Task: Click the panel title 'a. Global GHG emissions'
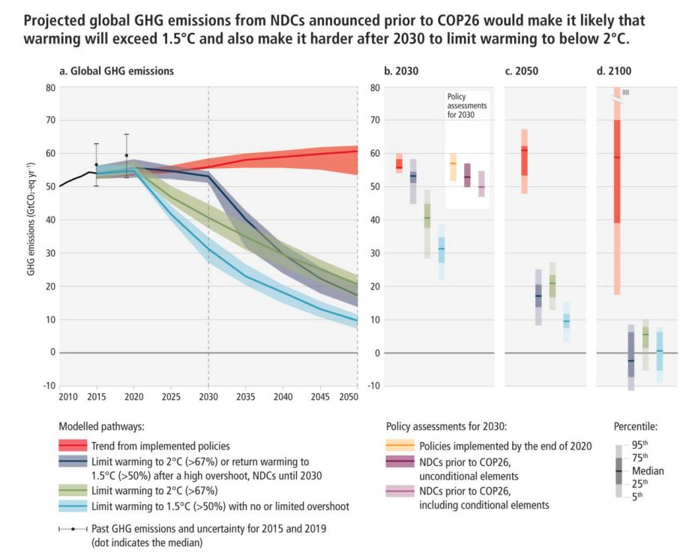click(116, 71)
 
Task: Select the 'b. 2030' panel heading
click(402, 71)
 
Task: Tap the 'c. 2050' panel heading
click(522, 71)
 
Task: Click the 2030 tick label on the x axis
click(208, 396)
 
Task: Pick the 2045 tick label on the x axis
click(320, 396)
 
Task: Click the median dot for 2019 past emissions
click(127, 155)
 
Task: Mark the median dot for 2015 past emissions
click(96, 164)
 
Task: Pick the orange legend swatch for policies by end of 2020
click(401, 446)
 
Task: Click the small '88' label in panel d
click(625, 93)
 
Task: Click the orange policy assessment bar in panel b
click(453, 167)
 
